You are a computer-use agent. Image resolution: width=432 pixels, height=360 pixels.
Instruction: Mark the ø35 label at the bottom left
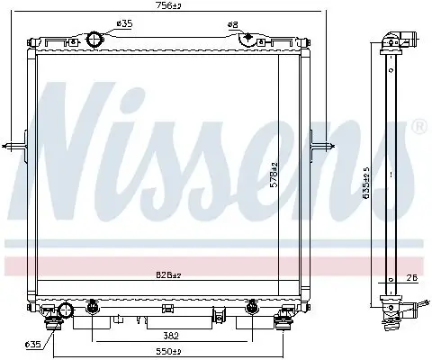click(x=32, y=343)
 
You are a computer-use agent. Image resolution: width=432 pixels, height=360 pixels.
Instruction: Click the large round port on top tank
click(x=97, y=40)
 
